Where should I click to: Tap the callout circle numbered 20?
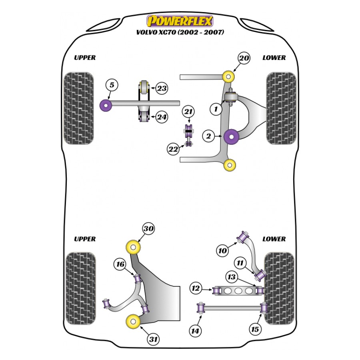244,58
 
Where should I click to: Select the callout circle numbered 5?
112,85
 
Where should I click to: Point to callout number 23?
162,88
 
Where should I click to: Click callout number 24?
162,117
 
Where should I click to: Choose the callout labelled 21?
188,112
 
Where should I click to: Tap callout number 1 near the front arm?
216,108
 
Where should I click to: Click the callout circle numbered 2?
208,136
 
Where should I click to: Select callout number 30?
149,229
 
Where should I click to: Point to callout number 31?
153,340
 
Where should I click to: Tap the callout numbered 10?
222,251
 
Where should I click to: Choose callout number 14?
196,331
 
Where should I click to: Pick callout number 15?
255,329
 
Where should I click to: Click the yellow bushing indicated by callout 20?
229,76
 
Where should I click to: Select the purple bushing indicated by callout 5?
106,105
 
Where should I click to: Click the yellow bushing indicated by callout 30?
134,247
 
